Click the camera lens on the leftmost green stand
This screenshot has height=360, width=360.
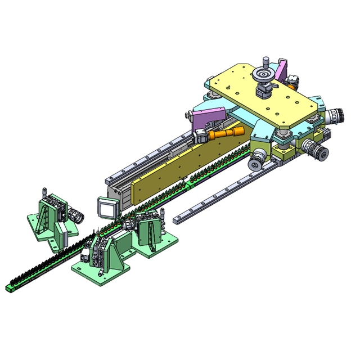(x=77, y=216)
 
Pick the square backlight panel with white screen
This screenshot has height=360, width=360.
(x=106, y=207)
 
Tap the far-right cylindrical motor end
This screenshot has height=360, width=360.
(x=336, y=116)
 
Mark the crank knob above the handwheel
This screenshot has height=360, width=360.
(x=266, y=61)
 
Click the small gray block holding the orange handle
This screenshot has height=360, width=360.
(x=200, y=137)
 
